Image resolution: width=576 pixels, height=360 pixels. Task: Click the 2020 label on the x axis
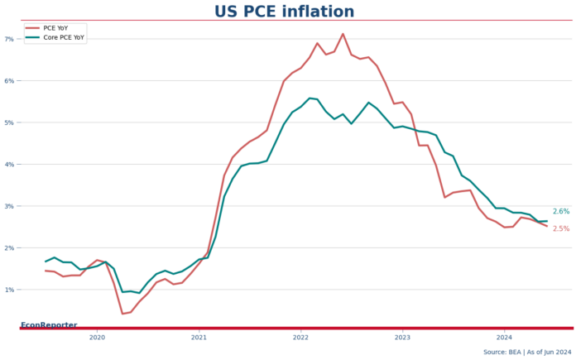(x=97, y=338)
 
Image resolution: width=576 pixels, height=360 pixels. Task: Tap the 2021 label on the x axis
(x=199, y=338)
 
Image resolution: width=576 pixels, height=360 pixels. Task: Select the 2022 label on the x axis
(x=300, y=338)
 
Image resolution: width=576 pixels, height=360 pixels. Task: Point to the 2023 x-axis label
(x=402, y=338)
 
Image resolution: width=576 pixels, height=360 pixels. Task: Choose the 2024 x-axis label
(x=504, y=338)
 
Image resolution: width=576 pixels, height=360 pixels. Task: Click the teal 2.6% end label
(x=560, y=212)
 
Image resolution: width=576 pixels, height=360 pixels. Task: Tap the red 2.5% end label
(x=560, y=228)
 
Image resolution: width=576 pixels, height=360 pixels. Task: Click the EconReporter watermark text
(x=49, y=325)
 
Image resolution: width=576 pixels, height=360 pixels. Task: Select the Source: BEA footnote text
(x=527, y=352)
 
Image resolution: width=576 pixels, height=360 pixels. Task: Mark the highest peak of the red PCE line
(x=343, y=34)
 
